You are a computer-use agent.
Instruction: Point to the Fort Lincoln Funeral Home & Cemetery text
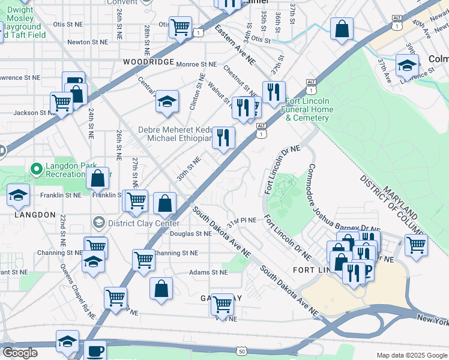pyautogui.click(x=309, y=109)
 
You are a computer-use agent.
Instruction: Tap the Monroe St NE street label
pyautogui.click(x=196, y=64)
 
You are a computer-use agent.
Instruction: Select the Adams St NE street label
pyautogui.click(x=208, y=272)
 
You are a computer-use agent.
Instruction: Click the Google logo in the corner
pyautogui.click(x=20, y=353)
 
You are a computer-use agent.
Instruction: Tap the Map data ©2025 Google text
pyautogui.click(x=411, y=355)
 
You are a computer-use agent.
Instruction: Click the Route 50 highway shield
pyautogui.click(x=241, y=350)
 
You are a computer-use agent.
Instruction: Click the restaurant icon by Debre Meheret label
pyautogui.click(x=223, y=138)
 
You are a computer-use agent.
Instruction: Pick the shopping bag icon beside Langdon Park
pyautogui.click(x=97, y=178)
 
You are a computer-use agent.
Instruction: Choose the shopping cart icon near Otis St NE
pyautogui.click(x=180, y=27)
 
